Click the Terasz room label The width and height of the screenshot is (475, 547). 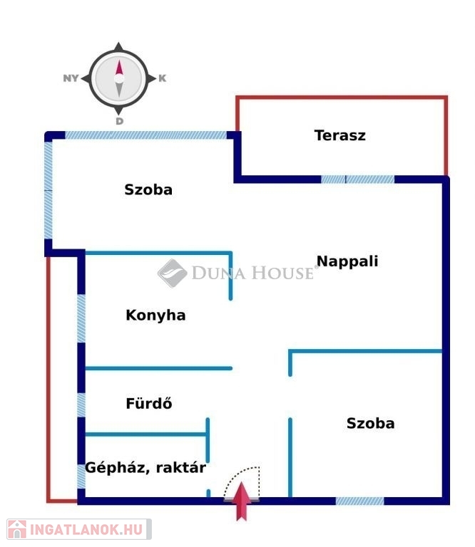(x=339, y=135)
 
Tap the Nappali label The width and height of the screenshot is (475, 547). (x=347, y=261)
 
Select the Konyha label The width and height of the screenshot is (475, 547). (x=155, y=315)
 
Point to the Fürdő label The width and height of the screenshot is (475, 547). (x=149, y=403)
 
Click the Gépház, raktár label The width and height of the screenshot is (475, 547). (x=145, y=467)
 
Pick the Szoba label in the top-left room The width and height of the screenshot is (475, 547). (x=148, y=189)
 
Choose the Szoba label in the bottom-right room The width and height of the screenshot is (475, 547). (x=371, y=424)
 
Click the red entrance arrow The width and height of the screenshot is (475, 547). (x=241, y=501)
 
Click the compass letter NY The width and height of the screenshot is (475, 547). (x=71, y=78)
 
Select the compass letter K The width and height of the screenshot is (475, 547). (x=163, y=78)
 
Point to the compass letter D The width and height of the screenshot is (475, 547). (x=119, y=121)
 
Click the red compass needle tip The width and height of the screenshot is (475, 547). (x=119, y=61)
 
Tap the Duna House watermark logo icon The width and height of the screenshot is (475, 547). (x=172, y=273)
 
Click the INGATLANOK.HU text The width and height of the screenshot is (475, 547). (x=86, y=530)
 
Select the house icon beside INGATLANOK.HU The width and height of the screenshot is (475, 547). (x=17, y=529)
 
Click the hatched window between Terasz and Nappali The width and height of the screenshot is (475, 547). (x=357, y=179)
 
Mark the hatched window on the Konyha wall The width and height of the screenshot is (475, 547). (x=81, y=318)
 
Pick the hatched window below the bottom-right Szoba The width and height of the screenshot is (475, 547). (x=359, y=501)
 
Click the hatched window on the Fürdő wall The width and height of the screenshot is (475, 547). (x=81, y=405)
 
